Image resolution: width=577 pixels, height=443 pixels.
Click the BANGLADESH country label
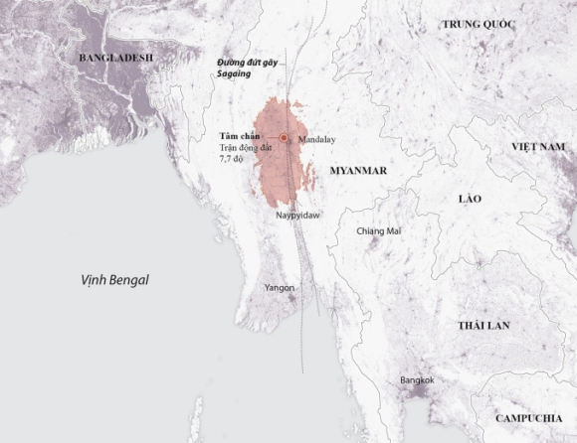[x=116, y=59]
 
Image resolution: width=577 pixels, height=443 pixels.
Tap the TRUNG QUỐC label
[x=457, y=25]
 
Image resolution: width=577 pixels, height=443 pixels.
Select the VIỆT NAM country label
[x=538, y=146]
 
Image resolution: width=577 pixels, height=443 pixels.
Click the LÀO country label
[x=470, y=199]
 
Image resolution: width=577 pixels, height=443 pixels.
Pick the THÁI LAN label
[x=484, y=326]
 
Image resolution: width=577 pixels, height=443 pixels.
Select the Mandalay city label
[x=317, y=139]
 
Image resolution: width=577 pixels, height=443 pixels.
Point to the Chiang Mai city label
[x=378, y=231]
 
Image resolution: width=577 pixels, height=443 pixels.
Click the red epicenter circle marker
[x=284, y=138]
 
